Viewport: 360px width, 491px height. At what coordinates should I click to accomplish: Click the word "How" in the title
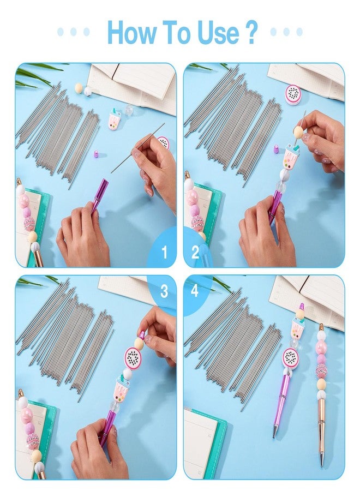(131, 32)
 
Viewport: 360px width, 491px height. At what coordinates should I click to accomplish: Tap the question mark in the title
(250, 32)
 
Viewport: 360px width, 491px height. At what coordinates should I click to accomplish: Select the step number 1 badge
(164, 252)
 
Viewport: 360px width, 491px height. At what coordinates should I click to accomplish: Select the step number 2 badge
(195, 252)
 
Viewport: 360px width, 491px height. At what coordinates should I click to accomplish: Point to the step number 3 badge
(164, 291)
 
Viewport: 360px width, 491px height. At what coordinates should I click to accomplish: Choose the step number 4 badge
(195, 291)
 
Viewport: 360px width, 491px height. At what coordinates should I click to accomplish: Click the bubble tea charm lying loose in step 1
(114, 119)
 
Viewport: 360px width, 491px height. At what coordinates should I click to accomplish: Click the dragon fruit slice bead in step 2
(293, 94)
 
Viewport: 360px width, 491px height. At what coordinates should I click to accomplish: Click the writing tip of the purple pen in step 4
(274, 435)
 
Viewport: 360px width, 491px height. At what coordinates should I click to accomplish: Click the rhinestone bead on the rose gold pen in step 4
(321, 371)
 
